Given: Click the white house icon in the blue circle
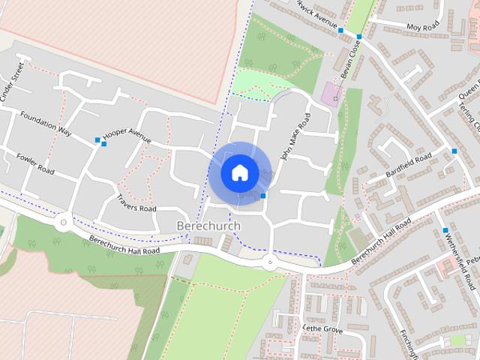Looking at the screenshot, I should click(238, 172).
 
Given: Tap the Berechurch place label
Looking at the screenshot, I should click(209, 226).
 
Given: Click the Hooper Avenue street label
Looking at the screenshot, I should click(127, 135).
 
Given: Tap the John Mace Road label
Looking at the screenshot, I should click(295, 137).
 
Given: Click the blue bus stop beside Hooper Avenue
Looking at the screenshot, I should click(97, 140).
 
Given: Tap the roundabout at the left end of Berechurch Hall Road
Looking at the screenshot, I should click(63, 221).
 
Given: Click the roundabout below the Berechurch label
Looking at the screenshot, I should click(268, 262).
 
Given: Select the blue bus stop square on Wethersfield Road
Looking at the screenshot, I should click(446, 230).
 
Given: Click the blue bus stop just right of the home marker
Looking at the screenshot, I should click(263, 196).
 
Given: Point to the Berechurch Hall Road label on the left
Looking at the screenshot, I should click(124, 245).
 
